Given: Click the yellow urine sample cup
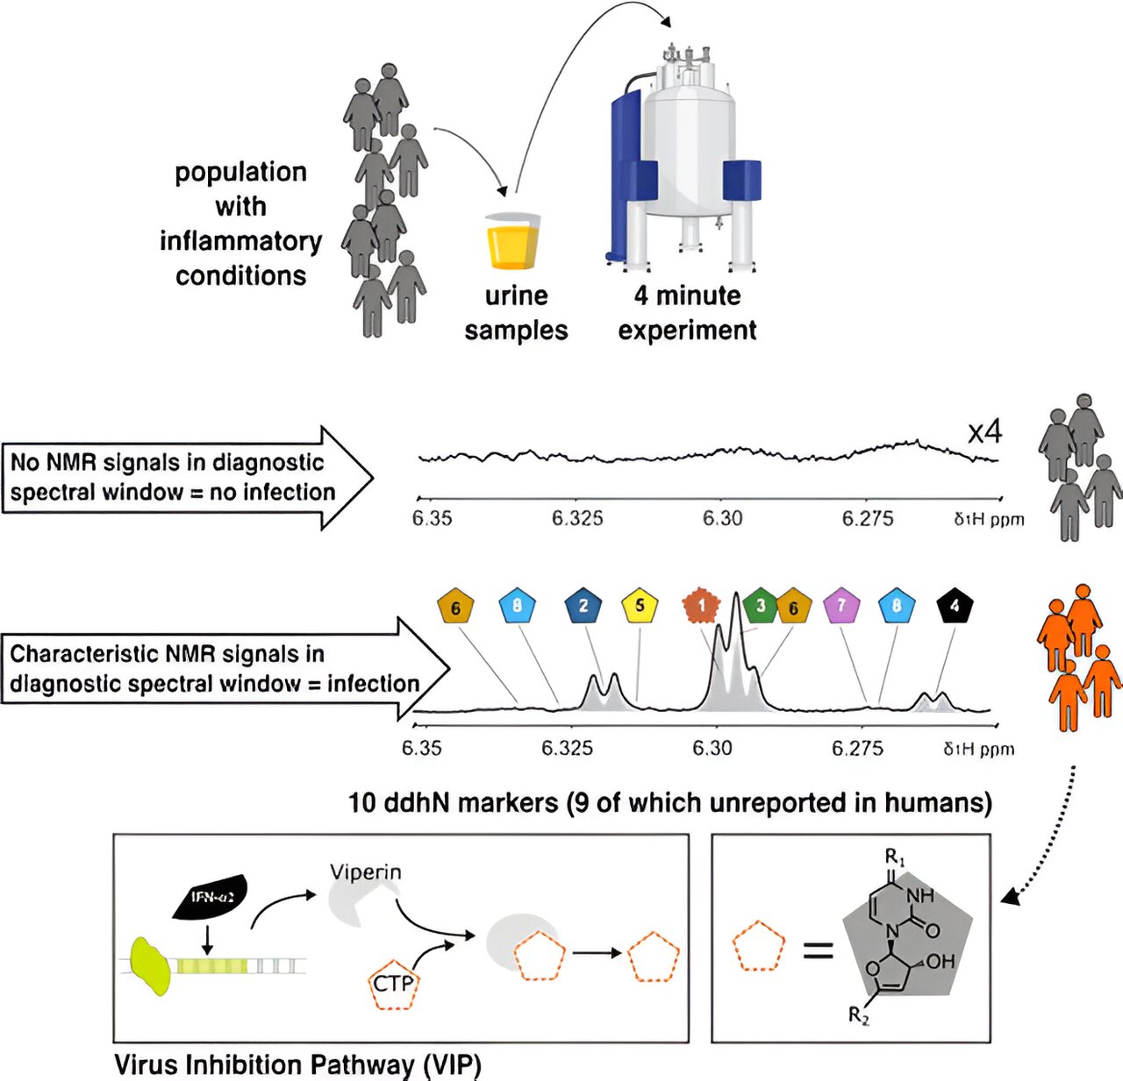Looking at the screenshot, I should pyautogui.click(x=513, y=241).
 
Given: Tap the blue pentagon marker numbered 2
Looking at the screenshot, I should pyautogui.click(x=583, y=606).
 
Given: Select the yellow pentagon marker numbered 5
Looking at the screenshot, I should pyautogui.click(x=640, y=606).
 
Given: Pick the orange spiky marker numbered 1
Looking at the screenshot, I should pyautogui.click(x=701, y=606).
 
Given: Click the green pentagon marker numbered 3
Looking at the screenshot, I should pyautogui.click(x=760, y=606).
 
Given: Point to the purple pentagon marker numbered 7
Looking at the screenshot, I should pyautogui.click(x=841, y=606).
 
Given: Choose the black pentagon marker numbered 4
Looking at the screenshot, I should pyautogui.click(x=955, y=606).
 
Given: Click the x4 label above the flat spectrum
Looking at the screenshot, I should pyautogui.click(x=984, y=432).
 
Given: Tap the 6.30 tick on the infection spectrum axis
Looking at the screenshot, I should pyautogui.click(x=712, y=748).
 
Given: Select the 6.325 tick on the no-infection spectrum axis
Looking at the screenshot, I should pyautogui.click(x=577, y=518).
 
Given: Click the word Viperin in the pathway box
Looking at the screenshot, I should pyautogui.click(x=366, y=872).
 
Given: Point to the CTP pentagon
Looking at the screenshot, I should pyautogui.click(x=392, y=984).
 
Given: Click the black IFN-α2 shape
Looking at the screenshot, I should pyautogui.click(x=210, y=897).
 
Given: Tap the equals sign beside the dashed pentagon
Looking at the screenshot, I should pyautogui.click(x=819, y=949).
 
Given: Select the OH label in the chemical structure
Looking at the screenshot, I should pyautogui.click(x=939, y=961).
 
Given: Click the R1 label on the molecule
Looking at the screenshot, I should pyautogui.click(x=894, y=856).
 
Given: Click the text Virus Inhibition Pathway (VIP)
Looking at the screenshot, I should pyautogui.click(x=297, y=1065).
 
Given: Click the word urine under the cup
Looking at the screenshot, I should pyautogui.click(x=516, y=296).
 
